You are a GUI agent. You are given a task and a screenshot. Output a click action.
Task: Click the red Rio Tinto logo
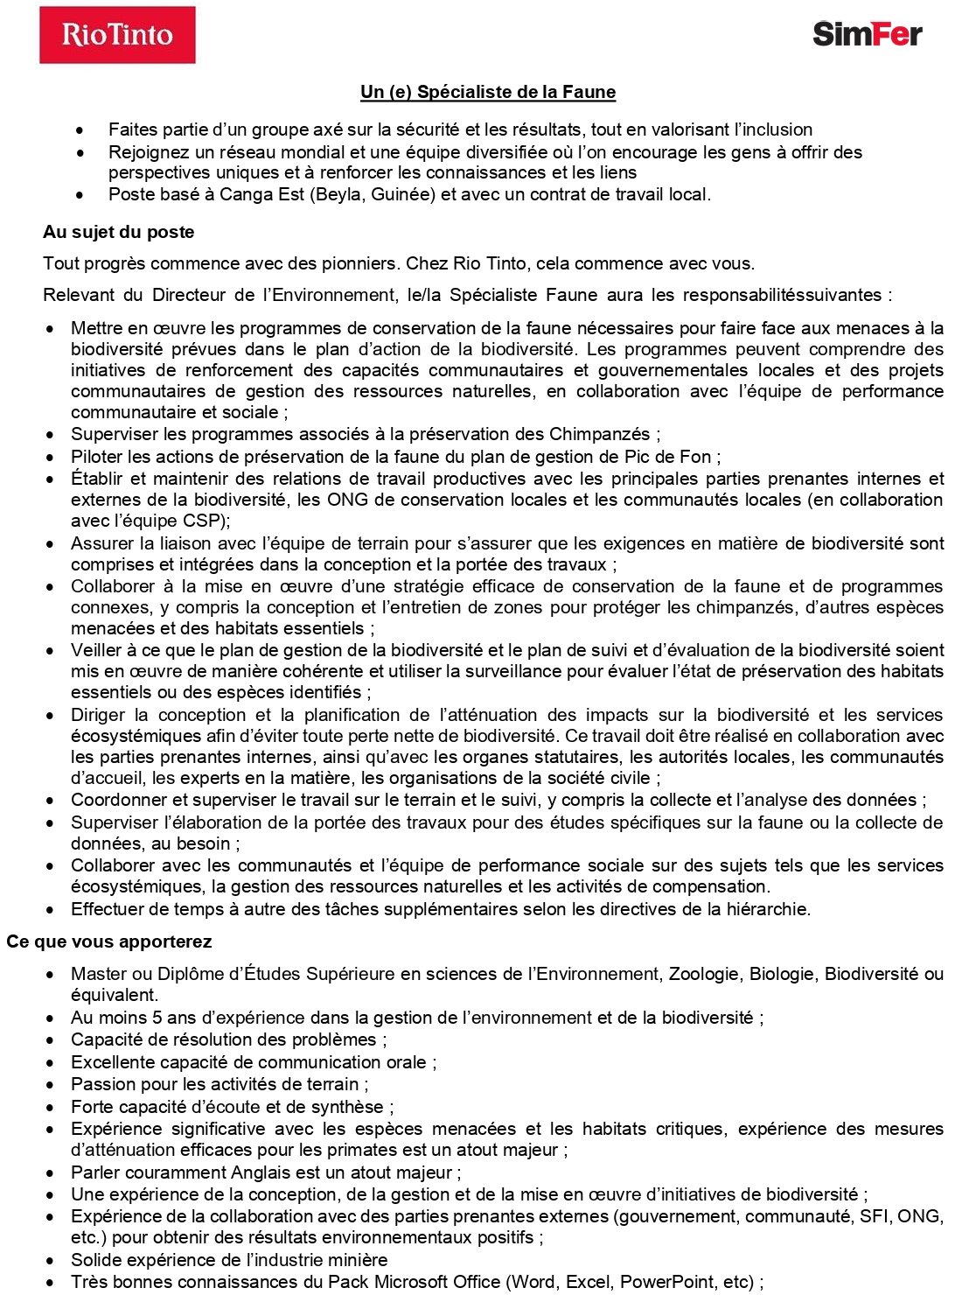117,35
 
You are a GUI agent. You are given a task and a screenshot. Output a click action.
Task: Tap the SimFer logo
867,34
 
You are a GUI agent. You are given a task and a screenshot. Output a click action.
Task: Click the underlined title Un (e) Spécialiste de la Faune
488,92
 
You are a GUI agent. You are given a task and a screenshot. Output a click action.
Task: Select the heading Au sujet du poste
118,232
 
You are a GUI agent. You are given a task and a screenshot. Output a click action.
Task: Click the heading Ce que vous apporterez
109,941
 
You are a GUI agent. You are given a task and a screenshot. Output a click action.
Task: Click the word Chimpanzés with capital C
601,434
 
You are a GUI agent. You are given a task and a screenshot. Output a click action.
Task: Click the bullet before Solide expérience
52,1261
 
